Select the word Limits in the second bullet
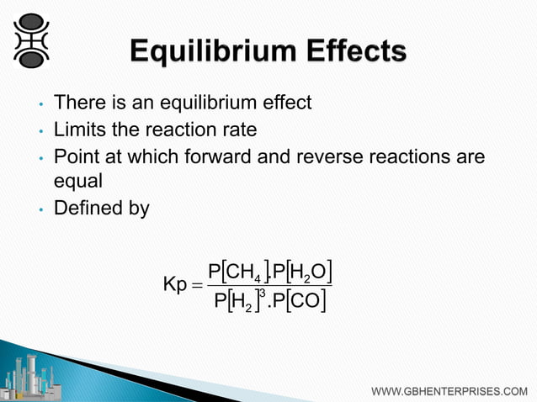pyautogui.click(x=77, y=130)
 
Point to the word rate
pyautogui.click(x=238, y=130)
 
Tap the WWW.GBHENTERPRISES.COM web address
pyautogui.click(x=449, y=391)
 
